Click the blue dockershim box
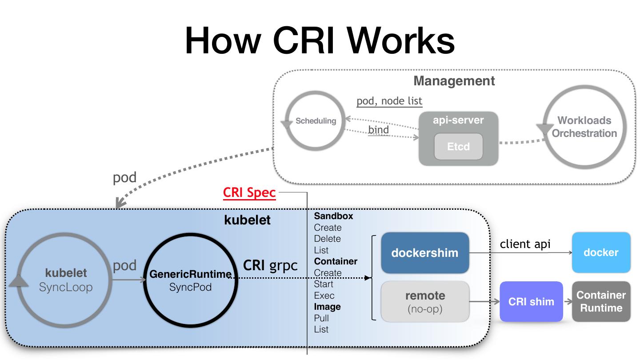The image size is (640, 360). coord(425,253)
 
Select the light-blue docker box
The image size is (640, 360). coord(601,252)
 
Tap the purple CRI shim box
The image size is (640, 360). coord(531,301)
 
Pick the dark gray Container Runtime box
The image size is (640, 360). coord(601,301)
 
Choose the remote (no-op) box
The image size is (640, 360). coord(425,301)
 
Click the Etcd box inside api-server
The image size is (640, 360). coord(458,147)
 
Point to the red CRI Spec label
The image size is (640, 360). coord(249,193)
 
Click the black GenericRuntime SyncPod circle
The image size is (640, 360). coord(190,280)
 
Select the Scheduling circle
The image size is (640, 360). coord(316,121)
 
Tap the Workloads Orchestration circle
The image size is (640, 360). coord(584,127)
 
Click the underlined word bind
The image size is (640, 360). coord(378,130)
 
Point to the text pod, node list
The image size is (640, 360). coord(389,101)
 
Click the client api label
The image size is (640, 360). coord(525,244)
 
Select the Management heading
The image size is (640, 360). coord(454,81)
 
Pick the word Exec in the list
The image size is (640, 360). coord(324,296)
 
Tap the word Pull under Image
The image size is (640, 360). coord(321,318)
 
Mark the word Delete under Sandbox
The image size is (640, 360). coord(327,239)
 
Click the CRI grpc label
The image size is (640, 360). coord(270,265)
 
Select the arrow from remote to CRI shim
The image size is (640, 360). coord(484,302)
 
